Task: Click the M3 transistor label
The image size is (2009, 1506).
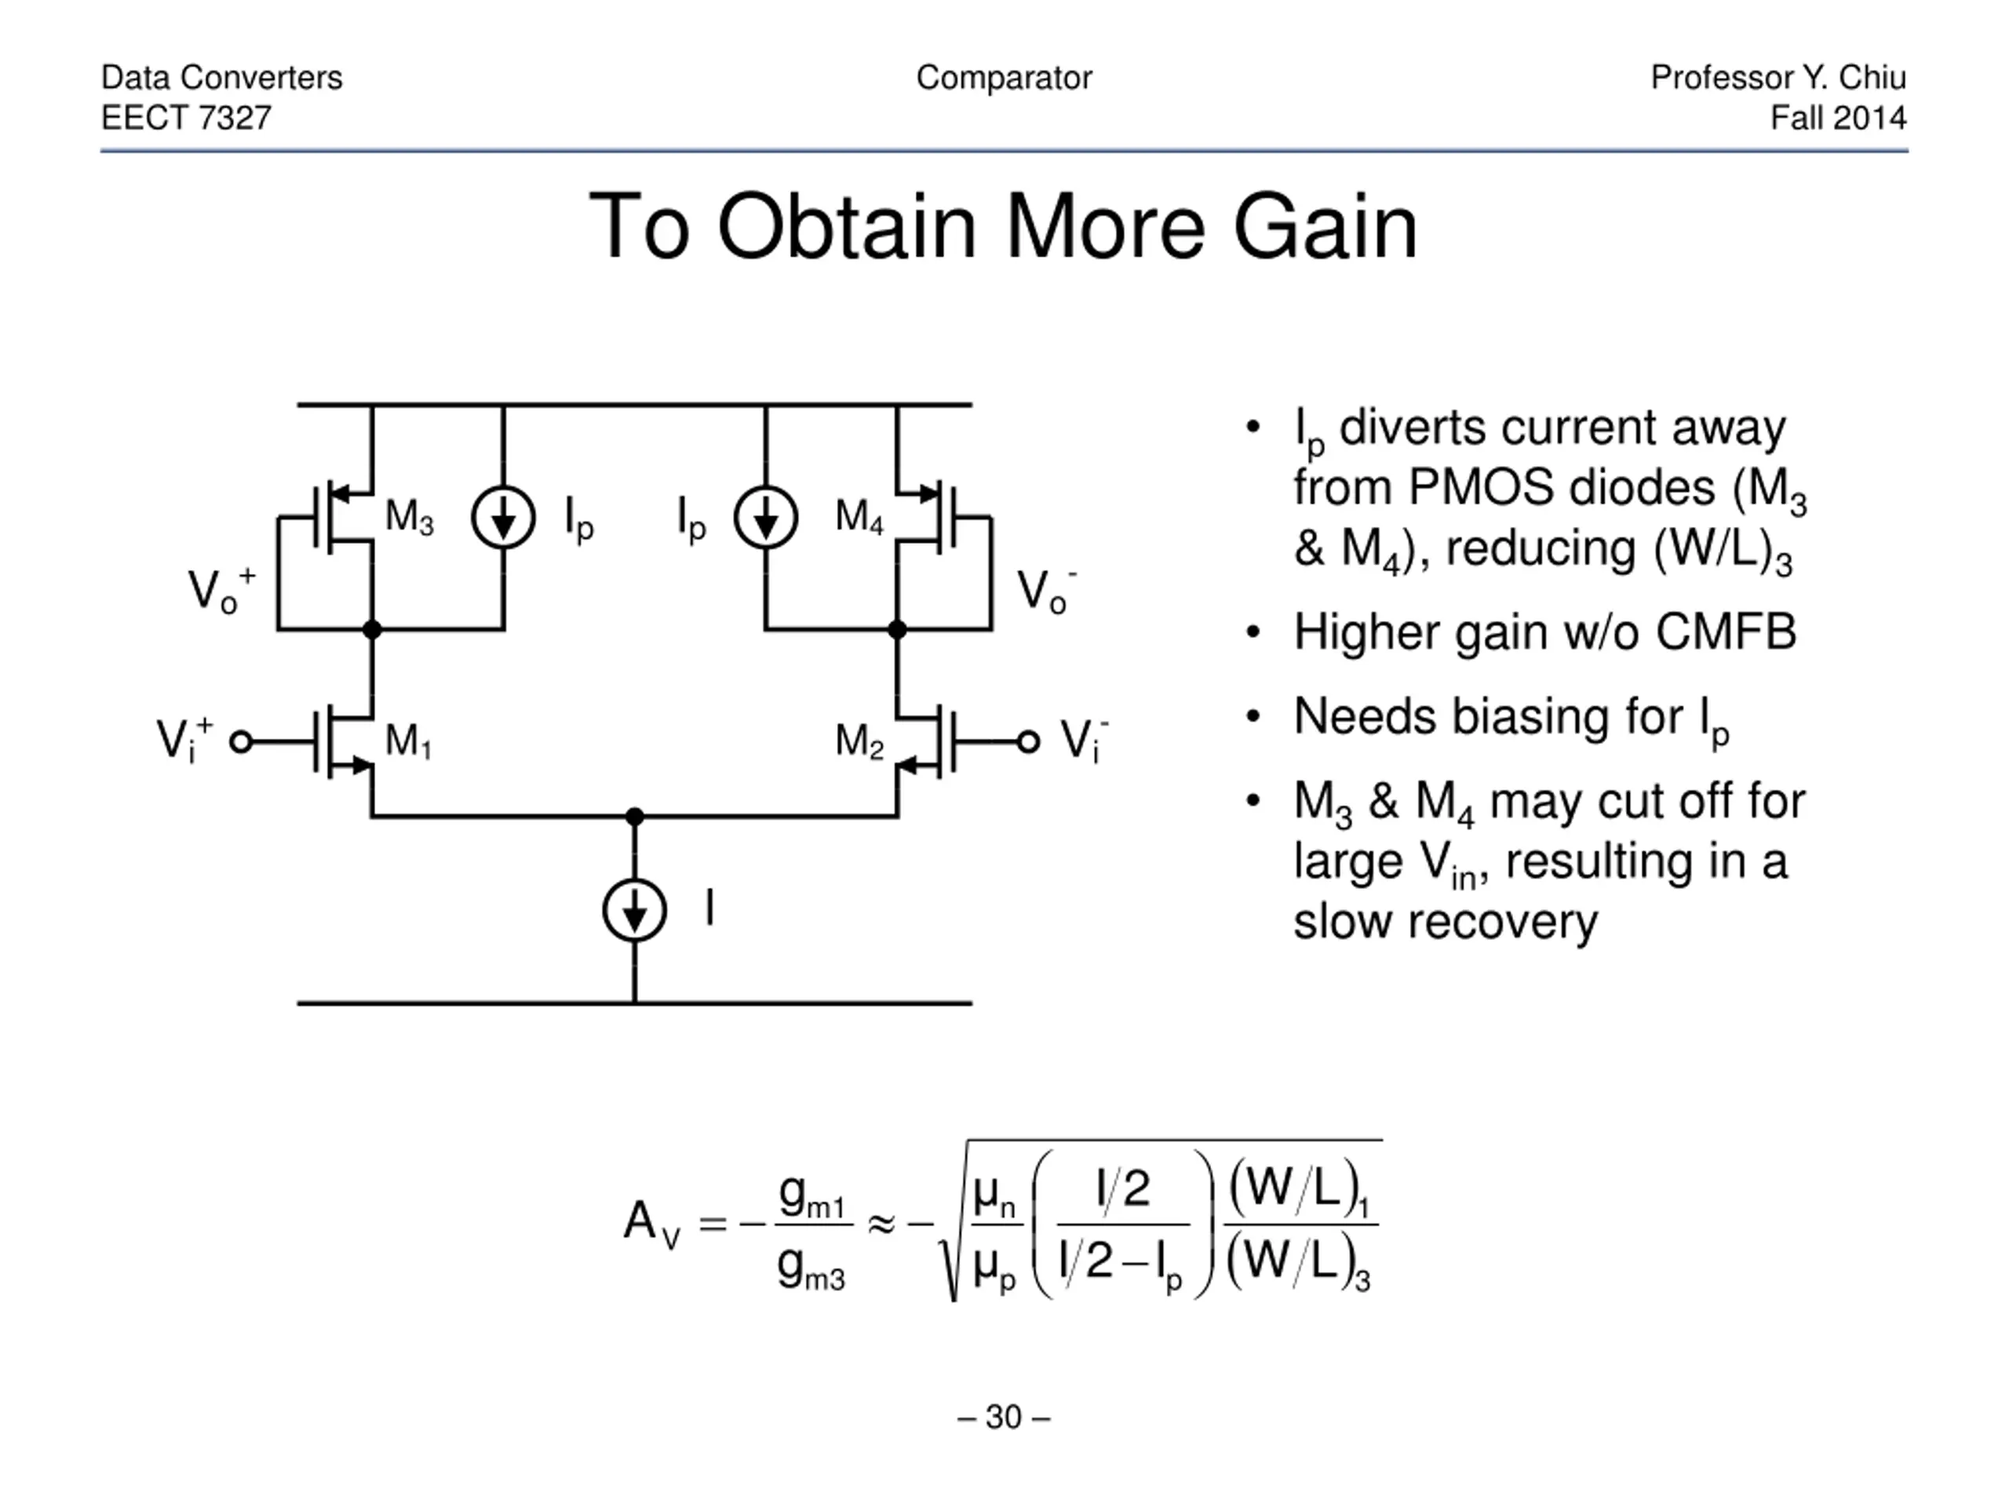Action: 410,517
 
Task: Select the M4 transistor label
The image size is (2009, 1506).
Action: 859,517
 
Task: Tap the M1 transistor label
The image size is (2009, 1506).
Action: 409,740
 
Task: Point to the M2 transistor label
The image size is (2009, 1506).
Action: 859,740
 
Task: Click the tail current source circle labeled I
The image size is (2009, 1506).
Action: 635,910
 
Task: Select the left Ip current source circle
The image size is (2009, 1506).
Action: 503,518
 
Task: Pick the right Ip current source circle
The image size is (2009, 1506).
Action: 766,518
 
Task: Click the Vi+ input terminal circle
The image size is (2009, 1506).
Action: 241,743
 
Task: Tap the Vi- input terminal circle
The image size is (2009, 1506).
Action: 1028,743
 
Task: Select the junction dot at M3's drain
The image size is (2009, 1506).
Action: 371,629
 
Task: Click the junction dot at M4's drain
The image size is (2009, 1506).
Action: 897,629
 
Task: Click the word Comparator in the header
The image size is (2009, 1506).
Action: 1004,78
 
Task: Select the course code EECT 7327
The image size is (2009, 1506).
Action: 186,118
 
